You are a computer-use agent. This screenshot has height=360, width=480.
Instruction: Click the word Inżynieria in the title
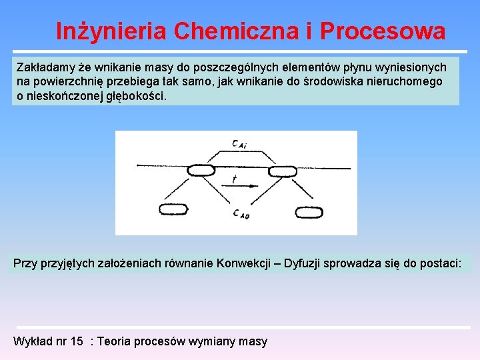(111, 31)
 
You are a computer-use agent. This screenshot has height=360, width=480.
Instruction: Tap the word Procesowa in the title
(382, 31)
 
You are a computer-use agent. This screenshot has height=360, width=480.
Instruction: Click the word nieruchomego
(406, 81)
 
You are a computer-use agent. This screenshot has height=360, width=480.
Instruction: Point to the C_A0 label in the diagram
(241, 213)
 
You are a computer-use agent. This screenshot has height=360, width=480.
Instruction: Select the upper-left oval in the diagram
(201, 171)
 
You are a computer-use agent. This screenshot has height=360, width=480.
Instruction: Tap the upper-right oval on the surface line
(282, 171)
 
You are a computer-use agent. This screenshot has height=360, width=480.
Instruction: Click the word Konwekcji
(243, 263)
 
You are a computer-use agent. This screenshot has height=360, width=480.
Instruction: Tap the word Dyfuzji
(309, 263)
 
